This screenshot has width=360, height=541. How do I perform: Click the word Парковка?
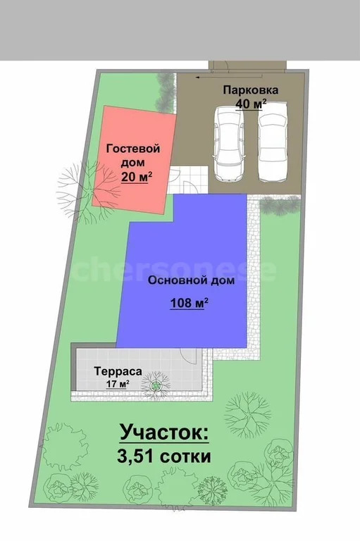pos(251,90)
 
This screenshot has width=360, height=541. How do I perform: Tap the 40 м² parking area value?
pos(251,104)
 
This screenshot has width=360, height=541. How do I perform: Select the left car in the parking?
pos(228,144)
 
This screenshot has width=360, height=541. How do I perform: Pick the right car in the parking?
pos(271,144)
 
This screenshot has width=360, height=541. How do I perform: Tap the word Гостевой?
pos(133,149)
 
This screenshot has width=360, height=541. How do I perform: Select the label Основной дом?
pos(182,280)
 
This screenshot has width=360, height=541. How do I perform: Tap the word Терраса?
pos(118,371)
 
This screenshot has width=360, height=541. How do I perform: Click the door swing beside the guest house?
pos(190,185)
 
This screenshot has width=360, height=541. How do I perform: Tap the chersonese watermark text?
pos(176,270)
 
